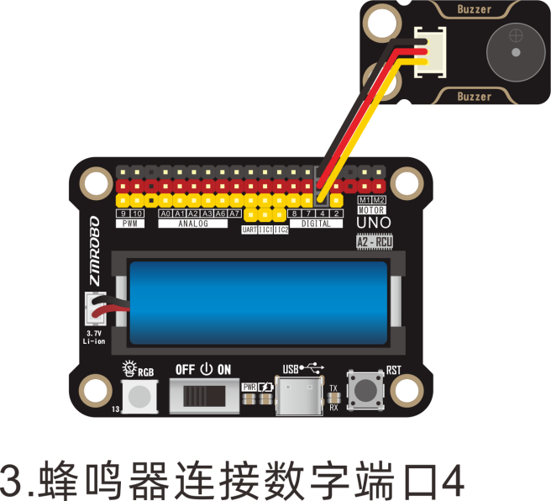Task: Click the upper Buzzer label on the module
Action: click(x=475, y=9)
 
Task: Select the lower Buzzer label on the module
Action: click(x=475, y=97)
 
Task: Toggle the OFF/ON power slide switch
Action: click(x=202, y=394)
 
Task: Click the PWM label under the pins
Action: click(x=130, y=224)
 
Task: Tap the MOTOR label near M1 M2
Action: click(x=371, y=210)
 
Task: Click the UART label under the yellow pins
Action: click(x=249, y=229)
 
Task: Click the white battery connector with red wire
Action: click(x=92, y=311)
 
